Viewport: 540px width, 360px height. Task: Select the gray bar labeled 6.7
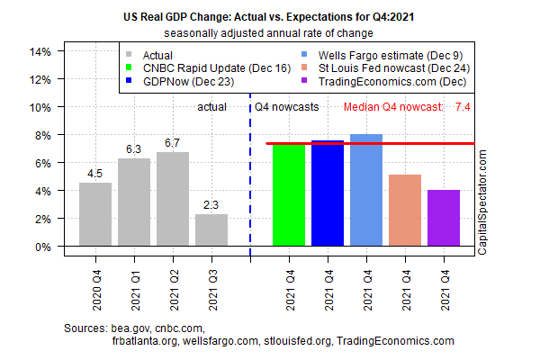173,199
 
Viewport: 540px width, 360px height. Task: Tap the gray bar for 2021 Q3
211,229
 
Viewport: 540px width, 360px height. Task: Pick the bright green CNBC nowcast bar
289,194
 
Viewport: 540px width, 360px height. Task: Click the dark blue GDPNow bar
328,193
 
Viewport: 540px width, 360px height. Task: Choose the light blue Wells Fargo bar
366,190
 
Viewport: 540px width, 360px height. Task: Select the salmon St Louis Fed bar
405,211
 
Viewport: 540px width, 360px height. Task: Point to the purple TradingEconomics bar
444,218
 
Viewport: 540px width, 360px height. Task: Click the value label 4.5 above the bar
95,174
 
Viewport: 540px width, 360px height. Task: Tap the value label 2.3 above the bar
211,204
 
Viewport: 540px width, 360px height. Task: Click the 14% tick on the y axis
39,51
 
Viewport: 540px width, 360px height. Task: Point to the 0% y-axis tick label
41,247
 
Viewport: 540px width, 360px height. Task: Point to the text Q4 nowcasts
285,108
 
